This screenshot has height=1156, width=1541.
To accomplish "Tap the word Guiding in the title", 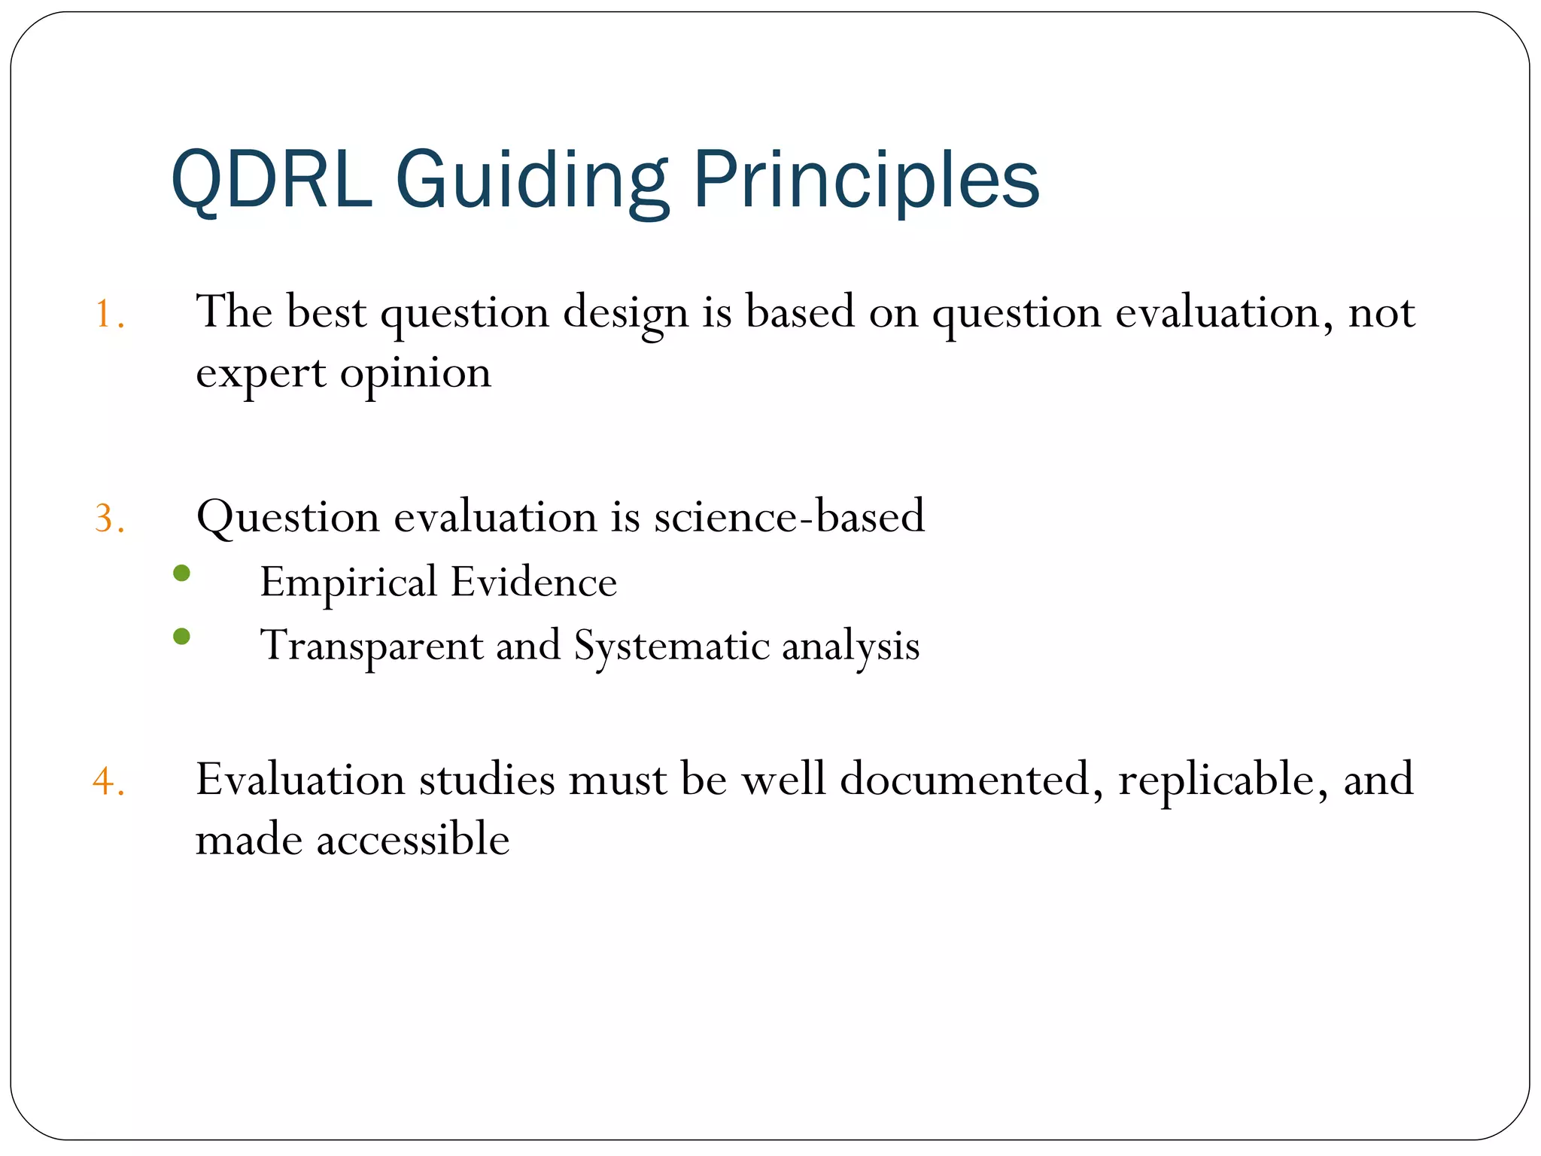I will coord(531,181).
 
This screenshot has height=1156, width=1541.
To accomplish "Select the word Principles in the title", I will coord(865,181).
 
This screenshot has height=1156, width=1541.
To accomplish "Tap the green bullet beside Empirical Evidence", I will coord(181,573).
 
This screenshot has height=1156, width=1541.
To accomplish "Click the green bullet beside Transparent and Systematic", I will coord(181,637).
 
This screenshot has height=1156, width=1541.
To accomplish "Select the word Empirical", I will coord(348,583).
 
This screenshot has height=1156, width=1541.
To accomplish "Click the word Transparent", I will coord(371,646).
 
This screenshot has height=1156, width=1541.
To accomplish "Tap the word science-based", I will coord(789,517).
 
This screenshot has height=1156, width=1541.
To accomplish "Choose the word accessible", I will coord(412,840).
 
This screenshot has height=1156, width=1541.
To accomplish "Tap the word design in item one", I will coord(625,313).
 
